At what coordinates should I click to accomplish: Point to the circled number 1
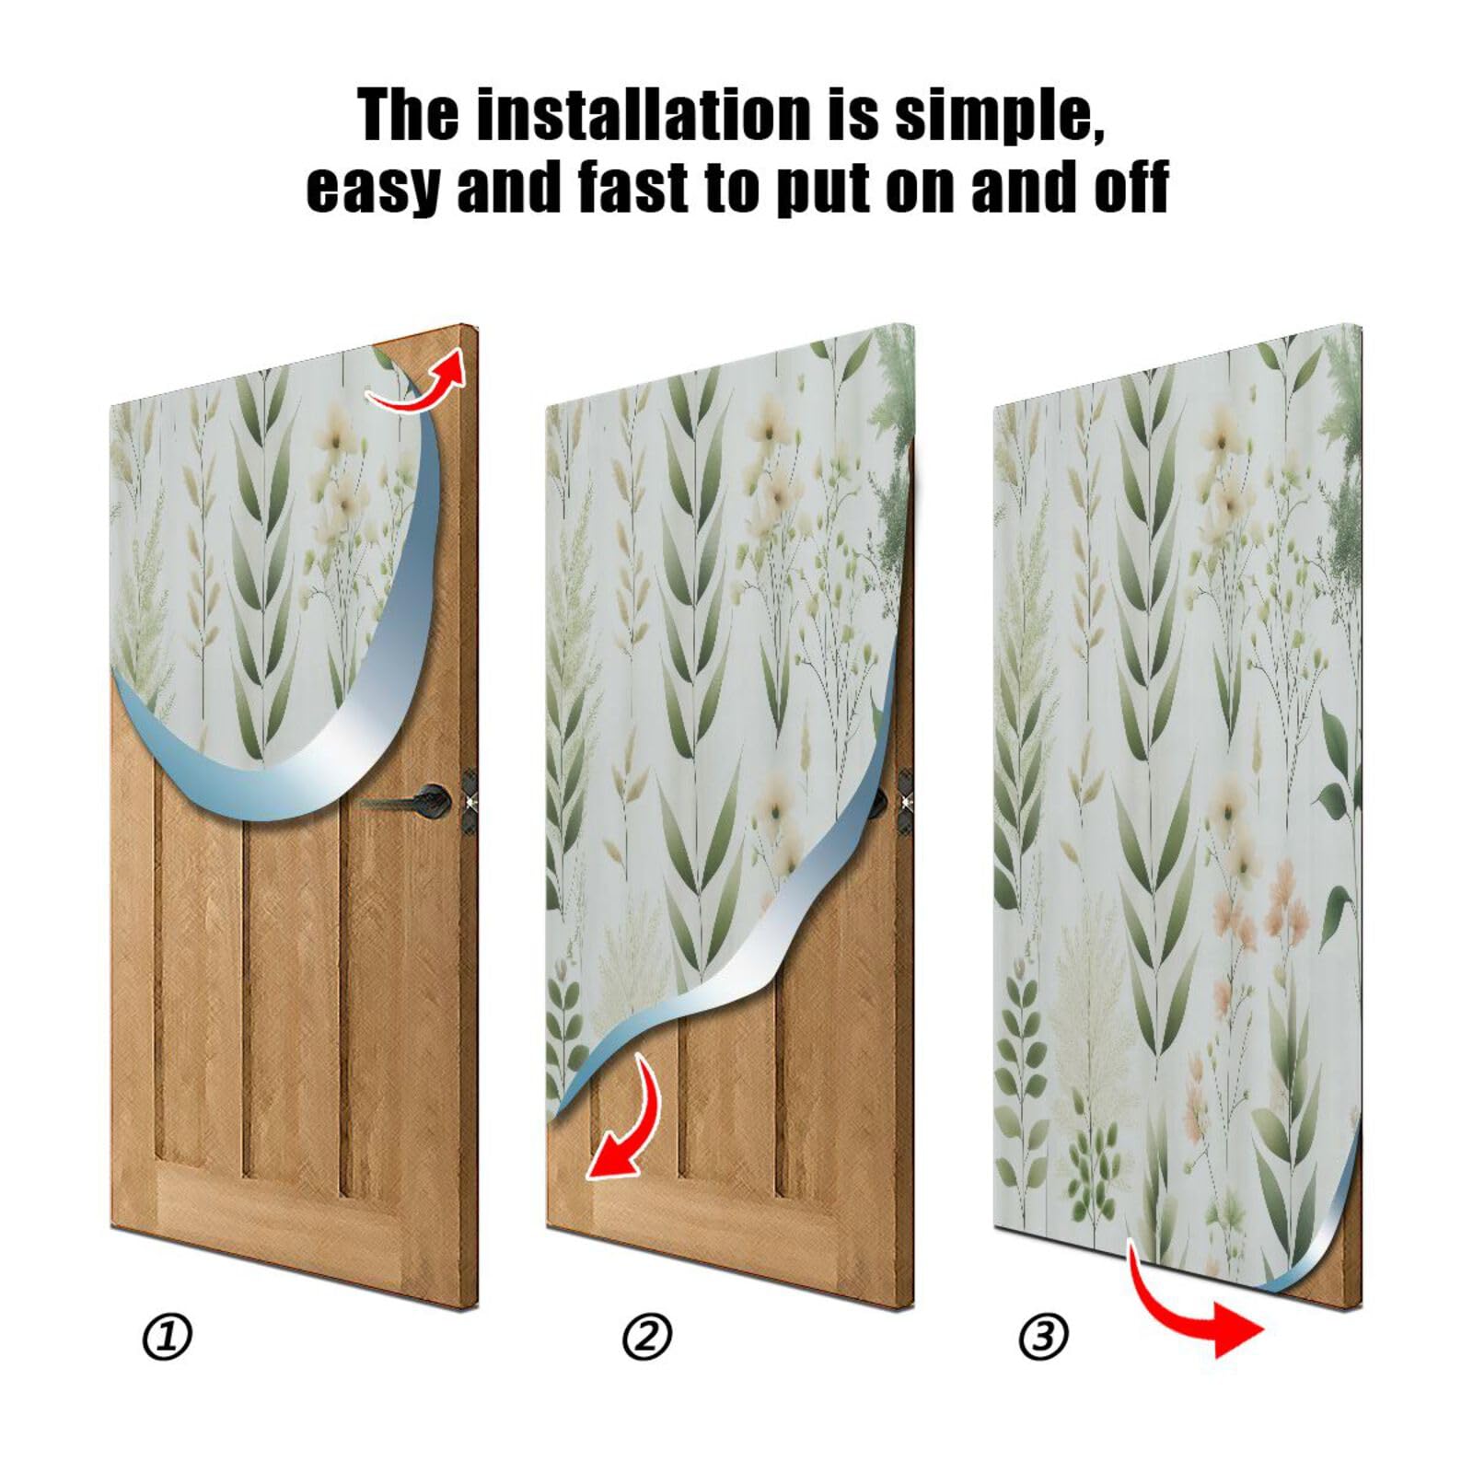tap(168, 1337)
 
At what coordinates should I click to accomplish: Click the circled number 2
tap(647, 1337)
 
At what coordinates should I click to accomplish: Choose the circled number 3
tap(1043, 1337)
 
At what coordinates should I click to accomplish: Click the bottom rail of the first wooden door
tap(295, 1215)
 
